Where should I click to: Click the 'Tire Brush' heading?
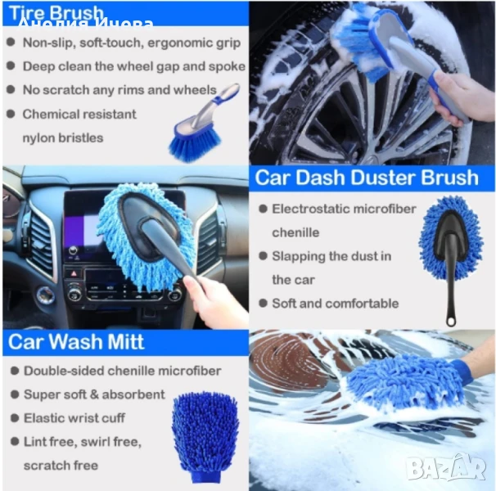(x=56, y=13)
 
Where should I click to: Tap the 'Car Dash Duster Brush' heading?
(x=367, y=178)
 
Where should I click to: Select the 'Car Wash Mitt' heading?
(x=76, y=342)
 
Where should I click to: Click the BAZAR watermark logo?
(x=446, y=467)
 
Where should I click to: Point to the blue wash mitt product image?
(x=205, y=437)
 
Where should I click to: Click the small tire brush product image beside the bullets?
(x=204, y=124)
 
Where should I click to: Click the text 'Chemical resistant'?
(x=79, y=115)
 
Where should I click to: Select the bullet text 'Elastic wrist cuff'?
(x=74, y=418)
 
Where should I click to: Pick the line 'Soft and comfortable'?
(x=336, y=304)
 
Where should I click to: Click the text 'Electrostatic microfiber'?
(x=344, y=209)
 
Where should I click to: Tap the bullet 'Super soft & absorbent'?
(x=94, y=394)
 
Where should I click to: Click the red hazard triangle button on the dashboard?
(x=74, y=273)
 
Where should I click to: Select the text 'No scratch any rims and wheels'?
(x=119, y=90)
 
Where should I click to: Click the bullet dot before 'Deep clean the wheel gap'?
(x=11, y=65)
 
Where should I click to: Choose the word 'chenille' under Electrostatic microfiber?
(x=295, y=232)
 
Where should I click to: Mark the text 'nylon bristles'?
(x=63, y=138)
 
